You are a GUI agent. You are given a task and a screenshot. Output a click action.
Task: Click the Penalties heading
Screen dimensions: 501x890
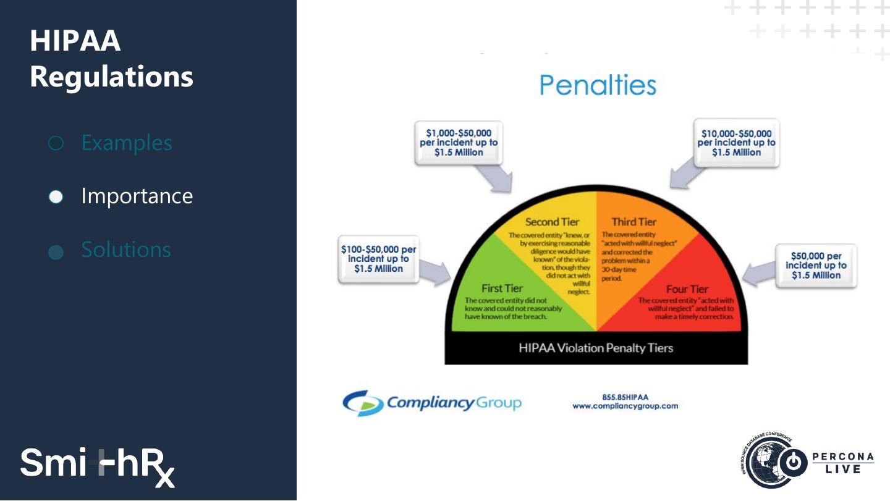click(x=598, y=85)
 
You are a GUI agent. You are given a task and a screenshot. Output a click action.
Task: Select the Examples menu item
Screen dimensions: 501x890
click(x=126, y=143)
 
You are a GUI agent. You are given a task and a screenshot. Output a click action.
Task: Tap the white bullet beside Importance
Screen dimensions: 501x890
click(x=56, y=196)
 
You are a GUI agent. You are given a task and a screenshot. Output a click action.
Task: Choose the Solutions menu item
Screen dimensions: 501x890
click(x=126, y=250)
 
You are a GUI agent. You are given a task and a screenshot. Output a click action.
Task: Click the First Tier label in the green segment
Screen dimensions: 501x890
click(x=502, y=288)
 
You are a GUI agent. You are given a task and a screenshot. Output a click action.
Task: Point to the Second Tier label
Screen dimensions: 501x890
click(x=552, y=222)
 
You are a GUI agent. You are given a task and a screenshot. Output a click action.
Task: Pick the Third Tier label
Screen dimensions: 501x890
click(x=634, y=222)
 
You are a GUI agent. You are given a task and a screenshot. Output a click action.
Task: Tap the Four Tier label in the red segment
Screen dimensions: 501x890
click(x=687, y=289)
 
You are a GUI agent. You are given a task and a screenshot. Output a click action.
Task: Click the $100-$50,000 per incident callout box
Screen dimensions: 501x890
click(x=378, y=259)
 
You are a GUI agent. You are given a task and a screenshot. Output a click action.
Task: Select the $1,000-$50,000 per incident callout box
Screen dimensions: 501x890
click(x=459, y=143)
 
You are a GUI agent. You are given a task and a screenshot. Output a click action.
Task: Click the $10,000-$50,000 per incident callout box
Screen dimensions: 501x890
click(x=736, y=143)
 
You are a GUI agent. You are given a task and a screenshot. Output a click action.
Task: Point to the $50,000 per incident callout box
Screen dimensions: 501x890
click(x=816, y=265)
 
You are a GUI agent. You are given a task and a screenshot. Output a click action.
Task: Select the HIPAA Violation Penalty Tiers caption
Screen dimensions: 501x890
click(x=596, y=348)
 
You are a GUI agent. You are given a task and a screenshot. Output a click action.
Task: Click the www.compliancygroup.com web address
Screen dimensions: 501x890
click(x=625, y=406)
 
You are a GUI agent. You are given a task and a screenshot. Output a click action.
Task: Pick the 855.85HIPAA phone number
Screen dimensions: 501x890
click(x=625, y=397)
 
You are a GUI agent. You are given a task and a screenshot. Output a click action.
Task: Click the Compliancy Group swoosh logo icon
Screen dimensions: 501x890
click(x=363, y=403)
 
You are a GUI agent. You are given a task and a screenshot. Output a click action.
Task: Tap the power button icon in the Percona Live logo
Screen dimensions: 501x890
click(x=796, y=463)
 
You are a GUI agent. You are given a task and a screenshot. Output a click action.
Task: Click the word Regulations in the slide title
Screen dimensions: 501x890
click(x=111, y=77)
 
